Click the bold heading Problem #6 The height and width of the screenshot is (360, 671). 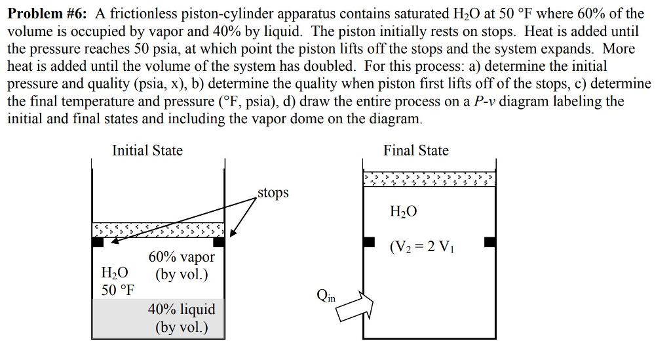[48, 13]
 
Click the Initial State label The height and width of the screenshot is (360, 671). [147, 150]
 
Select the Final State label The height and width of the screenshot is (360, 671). [416, 150]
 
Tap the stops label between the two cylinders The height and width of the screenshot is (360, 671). [273, 193]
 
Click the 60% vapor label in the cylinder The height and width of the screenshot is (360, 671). [182, 257]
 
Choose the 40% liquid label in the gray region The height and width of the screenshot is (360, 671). [182, 308]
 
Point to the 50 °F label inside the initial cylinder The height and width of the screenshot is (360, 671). [119, 290]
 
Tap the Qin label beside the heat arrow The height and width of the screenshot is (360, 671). [326, 295]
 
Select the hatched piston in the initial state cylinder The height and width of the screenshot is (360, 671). [158, 230]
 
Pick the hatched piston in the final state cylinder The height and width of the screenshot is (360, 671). [429, 178]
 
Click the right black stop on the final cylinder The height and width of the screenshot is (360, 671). [489, 242]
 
